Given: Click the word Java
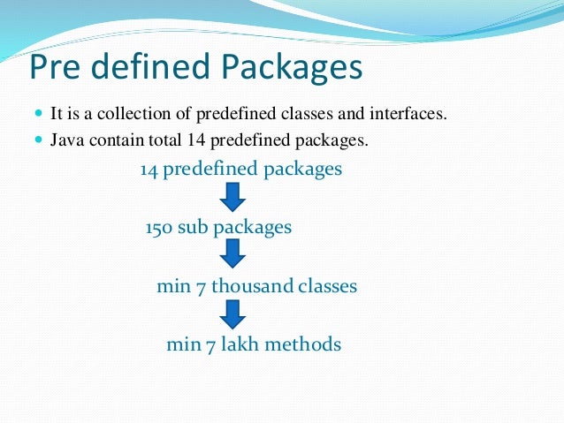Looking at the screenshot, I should pyautogui.click(x=65, y=140).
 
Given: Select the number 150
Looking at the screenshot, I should pyautogui.click(x=159, y=227).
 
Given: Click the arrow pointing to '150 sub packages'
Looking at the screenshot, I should pyautogui.click(x=232, y=197).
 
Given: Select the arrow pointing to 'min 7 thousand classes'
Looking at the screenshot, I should pyautogui.click(x=232, y=255).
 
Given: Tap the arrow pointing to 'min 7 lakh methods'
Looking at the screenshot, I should pyautogui.click(x=232, y=313).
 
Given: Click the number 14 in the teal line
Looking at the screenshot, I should pyautogui.click(x=149, y=170).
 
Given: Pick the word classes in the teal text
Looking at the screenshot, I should pyautogui.click(x=327, y=286).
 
